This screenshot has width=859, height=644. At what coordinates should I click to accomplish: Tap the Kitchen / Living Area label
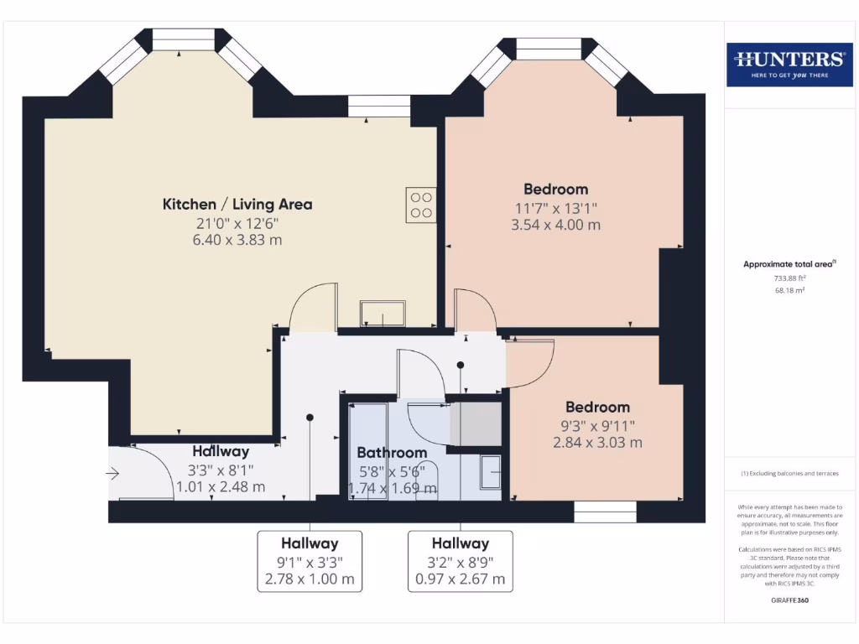point(237,204)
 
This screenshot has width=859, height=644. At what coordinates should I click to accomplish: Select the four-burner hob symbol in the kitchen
point(421,205)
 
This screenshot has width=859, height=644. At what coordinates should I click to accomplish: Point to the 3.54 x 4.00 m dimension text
point(555,225)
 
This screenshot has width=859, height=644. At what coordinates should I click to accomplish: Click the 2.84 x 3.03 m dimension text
point(597,443)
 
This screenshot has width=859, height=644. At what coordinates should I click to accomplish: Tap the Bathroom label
point(392,453)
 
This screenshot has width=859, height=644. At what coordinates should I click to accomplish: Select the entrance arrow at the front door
point(113,474)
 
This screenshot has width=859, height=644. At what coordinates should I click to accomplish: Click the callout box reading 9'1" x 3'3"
point(310,561)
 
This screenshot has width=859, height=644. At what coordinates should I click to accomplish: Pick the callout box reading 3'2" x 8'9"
point(461,561)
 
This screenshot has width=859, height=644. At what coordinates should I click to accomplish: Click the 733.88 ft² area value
point(789,278)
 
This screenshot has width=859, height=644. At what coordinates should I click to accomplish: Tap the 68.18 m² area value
point(789,290)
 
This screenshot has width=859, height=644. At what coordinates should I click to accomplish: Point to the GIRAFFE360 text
point(789,600)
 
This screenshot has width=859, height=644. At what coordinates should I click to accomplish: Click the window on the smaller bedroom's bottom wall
point(605,512)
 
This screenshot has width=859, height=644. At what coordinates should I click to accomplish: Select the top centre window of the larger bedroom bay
point(549,49)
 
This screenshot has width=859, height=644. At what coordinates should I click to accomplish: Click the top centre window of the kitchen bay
point(184,39)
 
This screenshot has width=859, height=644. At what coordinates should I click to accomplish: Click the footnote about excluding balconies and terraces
point(789,474)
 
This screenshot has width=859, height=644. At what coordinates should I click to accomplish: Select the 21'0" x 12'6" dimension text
point(237,223)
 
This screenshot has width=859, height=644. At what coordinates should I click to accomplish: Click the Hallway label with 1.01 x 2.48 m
point(221,452)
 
